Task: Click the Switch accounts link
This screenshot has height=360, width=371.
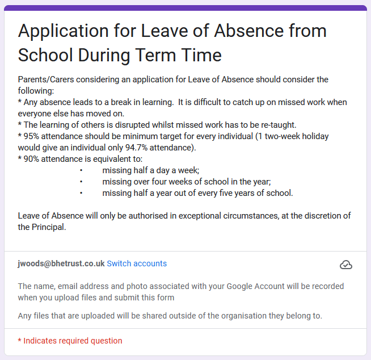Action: coord(137,263)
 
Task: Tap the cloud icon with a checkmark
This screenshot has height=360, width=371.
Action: coord(345,265)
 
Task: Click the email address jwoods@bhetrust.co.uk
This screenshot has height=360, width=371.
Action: coord(61,263)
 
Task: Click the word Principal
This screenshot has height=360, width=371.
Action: coord(50,227)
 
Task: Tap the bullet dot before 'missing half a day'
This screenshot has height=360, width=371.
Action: coord(81,170)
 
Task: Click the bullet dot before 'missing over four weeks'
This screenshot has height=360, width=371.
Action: coord(81,182)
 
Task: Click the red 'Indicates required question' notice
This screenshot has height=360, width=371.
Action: coord(70,341)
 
